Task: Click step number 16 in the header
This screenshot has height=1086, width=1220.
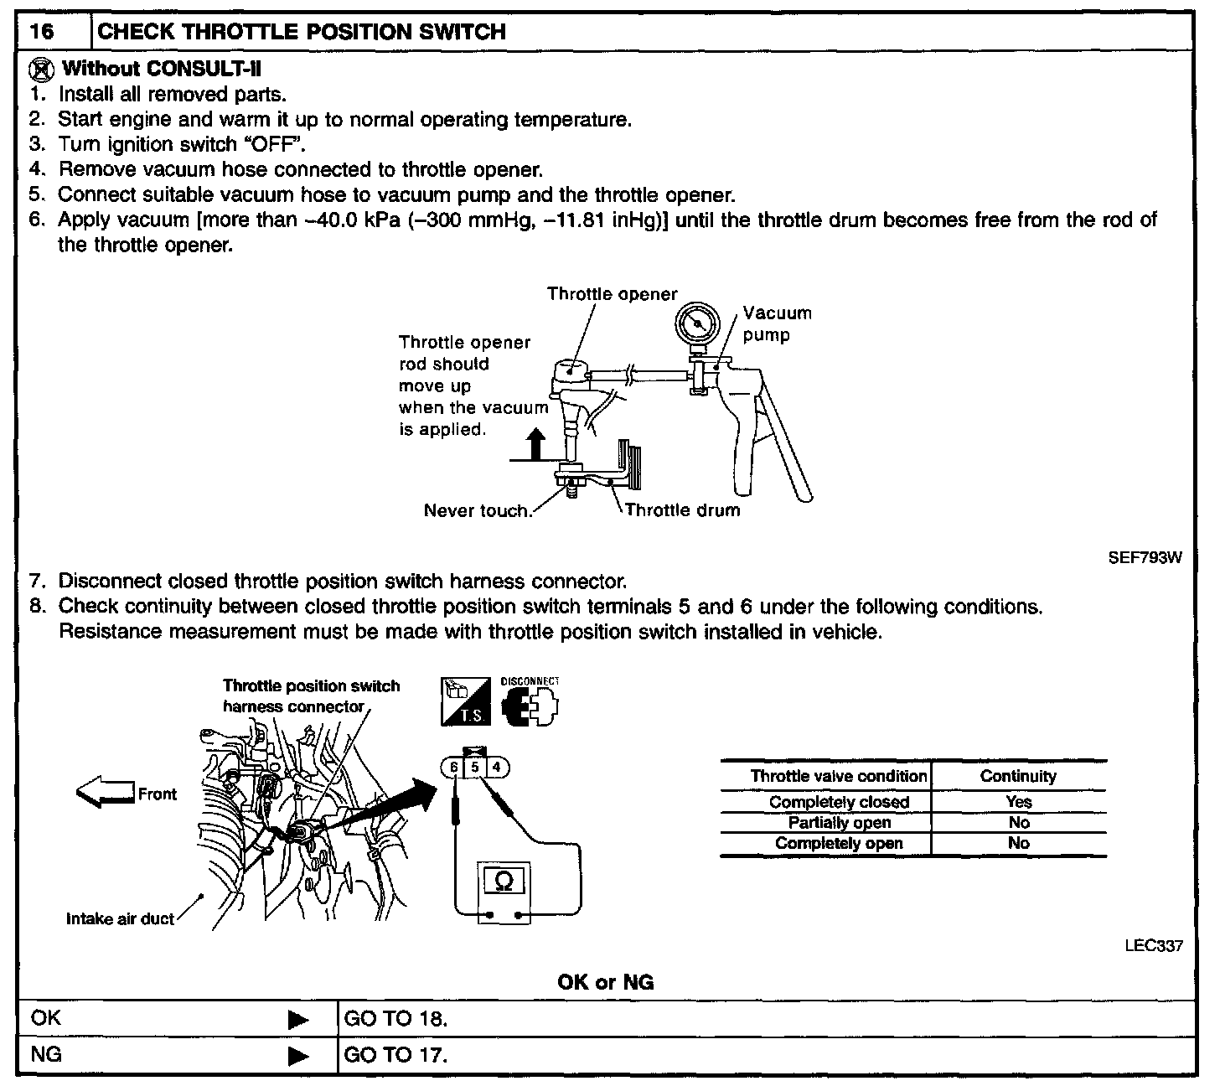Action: pos(42,33)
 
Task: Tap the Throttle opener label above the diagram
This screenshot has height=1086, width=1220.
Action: pos(612,294)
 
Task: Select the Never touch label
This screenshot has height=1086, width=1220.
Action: pos(478,510)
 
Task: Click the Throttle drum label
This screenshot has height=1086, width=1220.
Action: pos(682,510)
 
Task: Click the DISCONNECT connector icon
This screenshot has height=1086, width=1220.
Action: pos(530,705)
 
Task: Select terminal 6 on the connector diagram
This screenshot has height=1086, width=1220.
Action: pos(453,767)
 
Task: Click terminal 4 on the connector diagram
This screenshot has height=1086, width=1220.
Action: pos(496,767)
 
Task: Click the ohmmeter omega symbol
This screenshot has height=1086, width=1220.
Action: pos(504,881)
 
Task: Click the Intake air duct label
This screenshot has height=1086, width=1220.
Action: pos(120,919)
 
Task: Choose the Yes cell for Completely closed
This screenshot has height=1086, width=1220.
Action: pos(1018,802)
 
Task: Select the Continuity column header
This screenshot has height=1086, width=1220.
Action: pos(1018,776)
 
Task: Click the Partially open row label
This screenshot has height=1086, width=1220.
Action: pos(839,823)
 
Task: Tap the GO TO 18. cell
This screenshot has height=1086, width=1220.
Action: pos(396,1019)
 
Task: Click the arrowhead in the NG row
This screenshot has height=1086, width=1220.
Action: pos(297,1055)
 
